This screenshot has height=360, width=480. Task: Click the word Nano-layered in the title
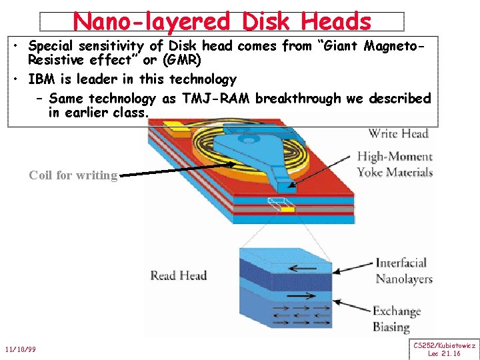coord(152,21)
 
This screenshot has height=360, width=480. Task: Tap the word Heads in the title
coord(336,21)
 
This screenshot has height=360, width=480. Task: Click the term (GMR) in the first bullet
coord(177,59)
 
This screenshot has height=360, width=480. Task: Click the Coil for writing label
coord(73,175)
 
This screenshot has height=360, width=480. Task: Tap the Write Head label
coord(398,133)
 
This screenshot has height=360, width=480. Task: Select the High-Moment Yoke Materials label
coord(395,165)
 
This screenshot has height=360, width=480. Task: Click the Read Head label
coord(178,275)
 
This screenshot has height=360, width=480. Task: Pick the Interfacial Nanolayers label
coord(403,271)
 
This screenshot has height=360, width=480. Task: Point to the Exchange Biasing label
coord(396,319)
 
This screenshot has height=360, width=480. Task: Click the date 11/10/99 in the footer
coord(20,349)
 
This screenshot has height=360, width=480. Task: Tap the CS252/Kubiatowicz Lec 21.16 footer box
coord(444,349)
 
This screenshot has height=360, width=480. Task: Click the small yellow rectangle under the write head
coord(287,209)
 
